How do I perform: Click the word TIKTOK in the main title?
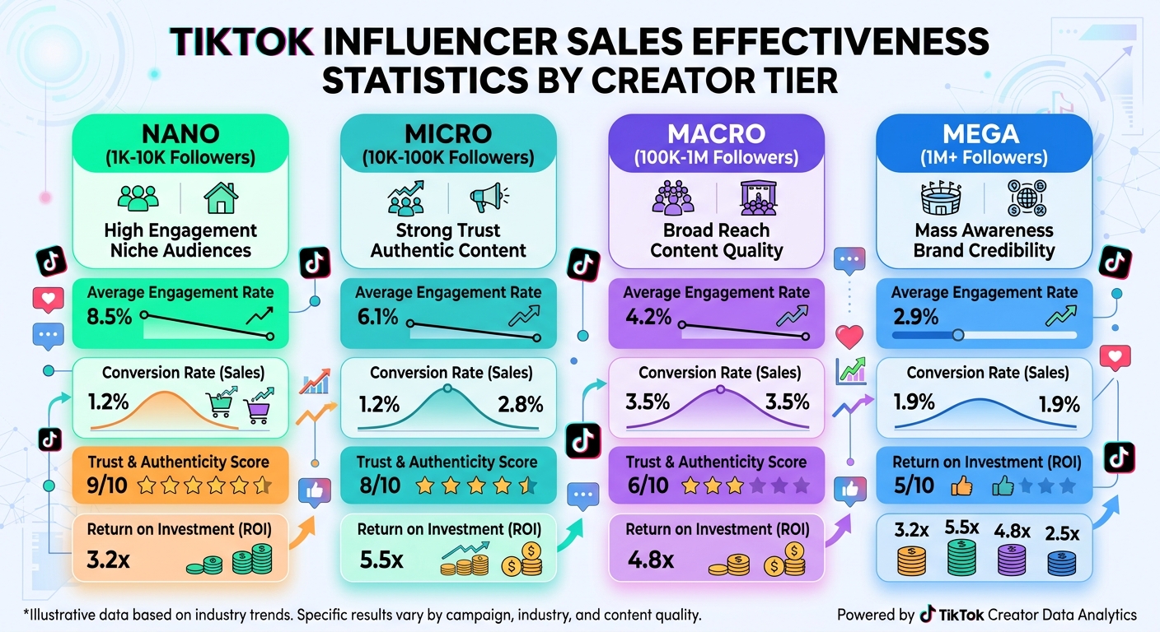point(241,42)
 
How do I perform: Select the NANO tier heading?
point(180,134)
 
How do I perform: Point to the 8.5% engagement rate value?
point(110,315)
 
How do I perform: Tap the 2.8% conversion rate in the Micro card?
point(520,404)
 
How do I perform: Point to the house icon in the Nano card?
point(220,198)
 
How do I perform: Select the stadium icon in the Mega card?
point(941,198)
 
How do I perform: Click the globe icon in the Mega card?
point(1026,198)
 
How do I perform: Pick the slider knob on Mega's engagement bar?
point(957,335)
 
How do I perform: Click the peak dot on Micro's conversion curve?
point(446,386)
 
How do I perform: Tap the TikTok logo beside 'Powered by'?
point(928,614)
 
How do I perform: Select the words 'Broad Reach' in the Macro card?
point(715,230)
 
